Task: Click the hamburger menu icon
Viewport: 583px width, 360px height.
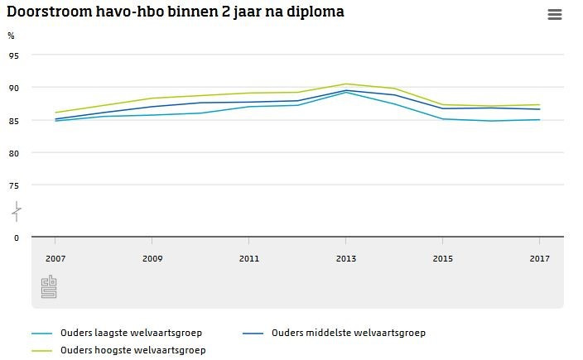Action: (555, 15)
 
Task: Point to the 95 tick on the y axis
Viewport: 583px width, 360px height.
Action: (13, 55)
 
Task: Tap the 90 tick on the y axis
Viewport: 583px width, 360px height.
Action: (13, 88)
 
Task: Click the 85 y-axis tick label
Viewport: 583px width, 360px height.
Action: (13, 121)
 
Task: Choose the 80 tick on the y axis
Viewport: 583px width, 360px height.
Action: (13, 153)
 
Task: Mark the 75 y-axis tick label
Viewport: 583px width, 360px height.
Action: (13, 186)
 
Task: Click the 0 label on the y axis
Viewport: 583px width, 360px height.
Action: (16, 238)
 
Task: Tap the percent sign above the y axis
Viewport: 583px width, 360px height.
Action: (11, 36)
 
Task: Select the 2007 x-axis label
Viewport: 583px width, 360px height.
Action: (55, 259)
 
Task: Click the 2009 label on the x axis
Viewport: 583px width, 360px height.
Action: (152, 259)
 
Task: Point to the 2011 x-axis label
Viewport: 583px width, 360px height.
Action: (249, 259)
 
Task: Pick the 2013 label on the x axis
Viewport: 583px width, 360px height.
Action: (346, 259)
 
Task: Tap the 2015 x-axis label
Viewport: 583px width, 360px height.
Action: (443, 259)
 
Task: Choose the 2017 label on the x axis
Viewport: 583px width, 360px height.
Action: (540, 259)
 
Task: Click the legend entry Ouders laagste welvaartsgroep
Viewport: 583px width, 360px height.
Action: (131, 334)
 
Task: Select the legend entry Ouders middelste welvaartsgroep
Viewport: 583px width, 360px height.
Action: (348, 334)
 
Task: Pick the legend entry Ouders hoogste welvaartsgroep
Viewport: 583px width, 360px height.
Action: (132, 351)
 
